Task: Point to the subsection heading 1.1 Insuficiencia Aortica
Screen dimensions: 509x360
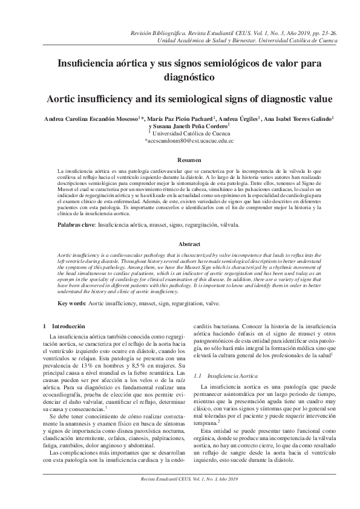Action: (x=216, y=377)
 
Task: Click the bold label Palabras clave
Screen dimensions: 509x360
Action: (x=76, y=224)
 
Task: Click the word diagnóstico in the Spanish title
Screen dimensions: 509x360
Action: (x=180, y=77)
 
